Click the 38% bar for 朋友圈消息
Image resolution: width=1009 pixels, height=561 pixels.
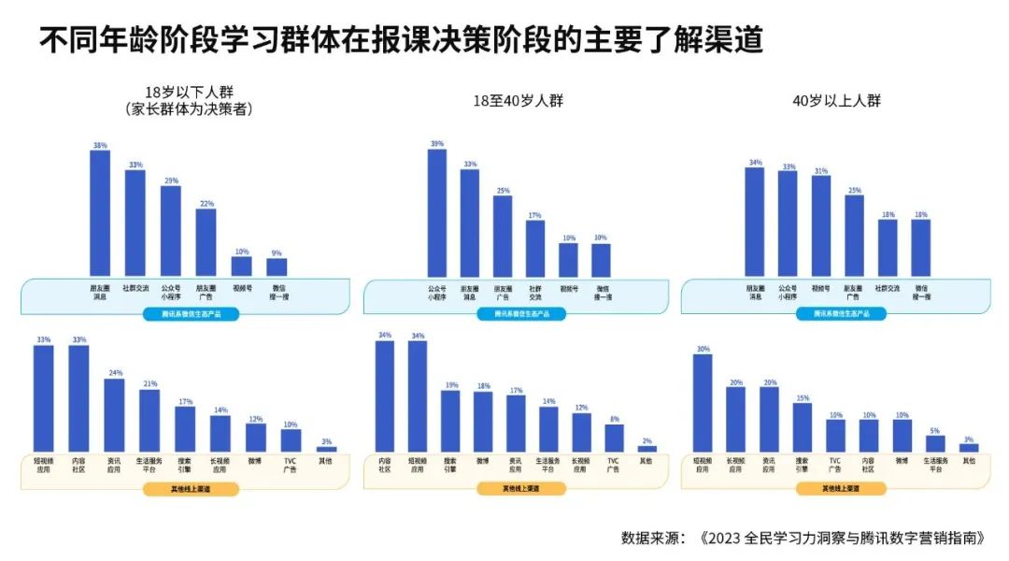click(100, 213)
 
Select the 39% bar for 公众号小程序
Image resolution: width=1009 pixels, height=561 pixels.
click(436, 212)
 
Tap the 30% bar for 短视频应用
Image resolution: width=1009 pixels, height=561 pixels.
click(703, 403)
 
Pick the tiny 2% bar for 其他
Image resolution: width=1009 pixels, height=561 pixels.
click(647, 449)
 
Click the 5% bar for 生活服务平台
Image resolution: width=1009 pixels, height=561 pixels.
click(935, 444)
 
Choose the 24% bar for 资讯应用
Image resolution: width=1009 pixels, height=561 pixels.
click(114, 415)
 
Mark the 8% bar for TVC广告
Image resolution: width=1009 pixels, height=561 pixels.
click(614, 439)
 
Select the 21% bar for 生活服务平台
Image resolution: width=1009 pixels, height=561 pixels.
click(149, 421)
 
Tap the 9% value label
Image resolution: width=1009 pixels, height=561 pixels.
click(277, 252)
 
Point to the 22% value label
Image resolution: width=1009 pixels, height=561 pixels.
click(206, 203)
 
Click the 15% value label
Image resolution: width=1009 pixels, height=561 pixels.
click(803, 397)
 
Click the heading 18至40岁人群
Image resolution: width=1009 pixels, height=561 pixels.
click(519, 101)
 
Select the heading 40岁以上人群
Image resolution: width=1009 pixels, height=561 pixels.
click(836, 101)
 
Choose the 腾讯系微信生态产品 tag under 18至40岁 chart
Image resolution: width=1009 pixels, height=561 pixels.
click(522, 314)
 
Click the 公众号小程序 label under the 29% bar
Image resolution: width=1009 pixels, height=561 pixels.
click(170, 292)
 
